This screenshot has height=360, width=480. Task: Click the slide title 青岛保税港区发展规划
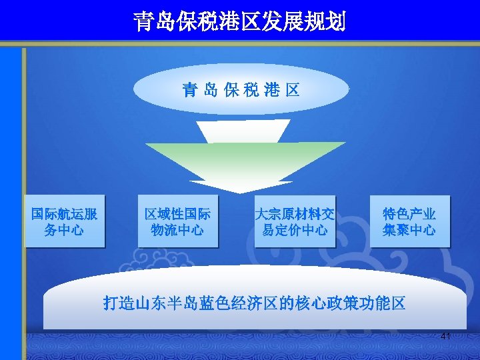(x=239, y=22)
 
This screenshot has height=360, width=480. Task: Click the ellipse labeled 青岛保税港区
(x=241, y=90)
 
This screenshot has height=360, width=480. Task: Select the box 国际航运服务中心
(x=65, y=222)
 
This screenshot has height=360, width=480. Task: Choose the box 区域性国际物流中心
(x=178, y=222)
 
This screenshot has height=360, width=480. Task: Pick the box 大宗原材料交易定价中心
(x=295, y=222)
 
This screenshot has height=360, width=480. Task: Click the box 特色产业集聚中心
(x=409, y=222)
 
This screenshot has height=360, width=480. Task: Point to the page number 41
(x=445, y=337)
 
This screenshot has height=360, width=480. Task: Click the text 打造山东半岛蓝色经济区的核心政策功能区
(x=254, y=304)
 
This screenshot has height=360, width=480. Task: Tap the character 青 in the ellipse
(x=189, y=91)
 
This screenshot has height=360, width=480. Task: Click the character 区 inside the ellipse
(x=292, y=91)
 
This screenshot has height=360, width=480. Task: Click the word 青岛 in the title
(x=155, y=22)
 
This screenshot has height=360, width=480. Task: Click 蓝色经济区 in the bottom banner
(x=239, y=304)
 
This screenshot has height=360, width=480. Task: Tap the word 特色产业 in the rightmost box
(x=409, y=215)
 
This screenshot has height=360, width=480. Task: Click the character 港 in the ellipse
(x=271, y=91)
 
